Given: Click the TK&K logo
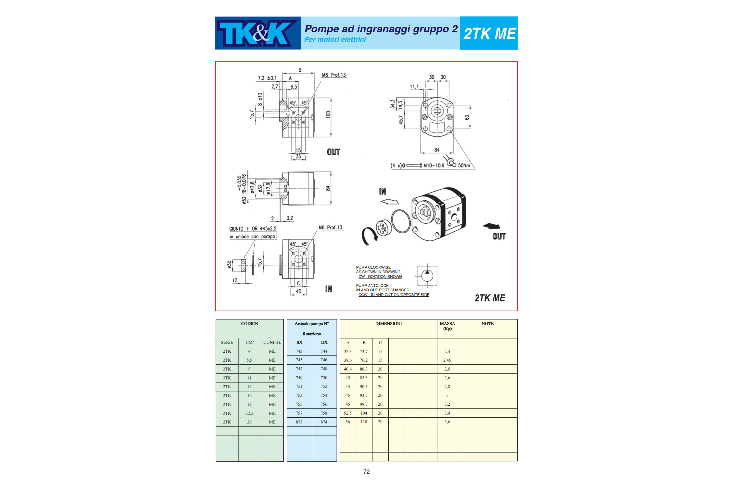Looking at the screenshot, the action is point(258,33).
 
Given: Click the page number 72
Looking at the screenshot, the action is point(367,471).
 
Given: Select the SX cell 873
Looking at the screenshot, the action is point(299,422).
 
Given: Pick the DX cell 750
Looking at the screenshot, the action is point(324,378).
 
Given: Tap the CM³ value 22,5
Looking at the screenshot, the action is point(249,413).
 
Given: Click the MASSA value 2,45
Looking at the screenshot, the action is point(447,360).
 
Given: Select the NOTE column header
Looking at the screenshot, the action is point(488,324).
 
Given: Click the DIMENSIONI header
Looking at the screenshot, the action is point(388,324).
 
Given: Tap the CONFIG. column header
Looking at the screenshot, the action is point(272,342).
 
